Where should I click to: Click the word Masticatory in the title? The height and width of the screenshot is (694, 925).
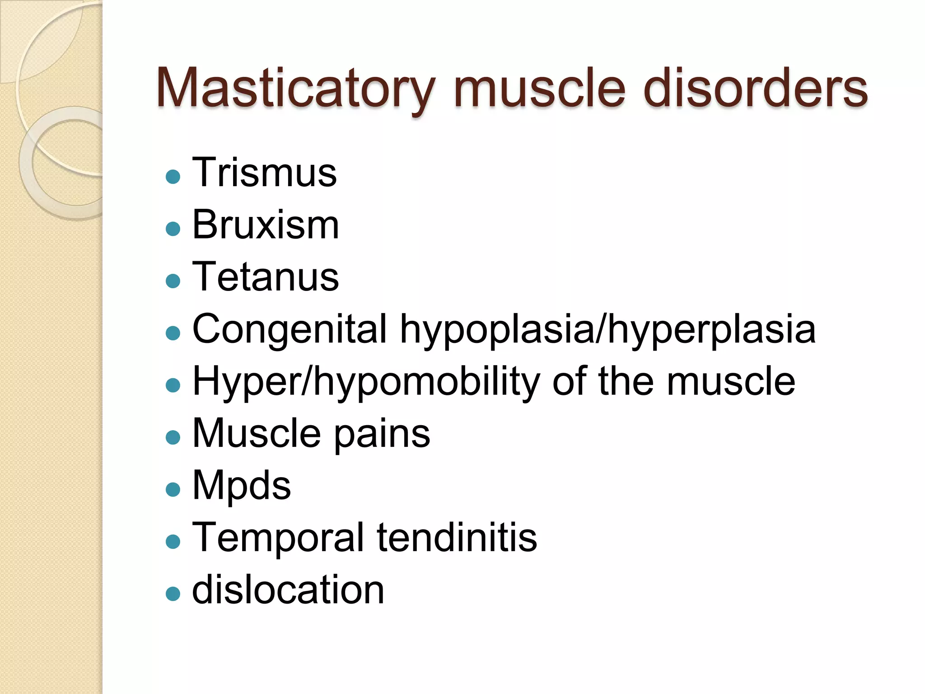pyautogui.click(x=296, y=88)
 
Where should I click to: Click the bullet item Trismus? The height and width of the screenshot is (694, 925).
pyautogui.click(x=264, y=173)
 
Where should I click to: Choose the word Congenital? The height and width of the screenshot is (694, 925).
pyautogui.click(x=290, y=329)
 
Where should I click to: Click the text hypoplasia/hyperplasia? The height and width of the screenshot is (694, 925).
pyautogui.click(x=608, y=329)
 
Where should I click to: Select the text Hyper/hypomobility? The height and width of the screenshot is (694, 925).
pyautogui.click(x=366, y=382)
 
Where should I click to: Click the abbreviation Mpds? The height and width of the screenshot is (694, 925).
pyautogui.click(x=242, y=486)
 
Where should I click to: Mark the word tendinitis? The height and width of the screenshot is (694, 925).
pyautogui.click(x=457, y=537)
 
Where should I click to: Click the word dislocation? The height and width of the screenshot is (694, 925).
pyautogui.click(x=288, y=590)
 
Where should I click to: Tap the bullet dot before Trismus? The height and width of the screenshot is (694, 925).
pyautogui.click(x=173, y=177)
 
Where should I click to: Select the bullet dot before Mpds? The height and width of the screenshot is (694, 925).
pyautogui.click(x=173, y=489)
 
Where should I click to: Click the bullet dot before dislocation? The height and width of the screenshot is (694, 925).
pyautogui.click(x=173, y=594)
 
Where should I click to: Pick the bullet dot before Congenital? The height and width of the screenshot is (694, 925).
pyautogui.click(x=173, y=333)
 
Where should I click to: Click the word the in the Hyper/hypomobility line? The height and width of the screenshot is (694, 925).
pyautogui.click(x=626, y=382)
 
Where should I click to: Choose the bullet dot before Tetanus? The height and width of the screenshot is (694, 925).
pyautogui.click(x=173, y=281)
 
